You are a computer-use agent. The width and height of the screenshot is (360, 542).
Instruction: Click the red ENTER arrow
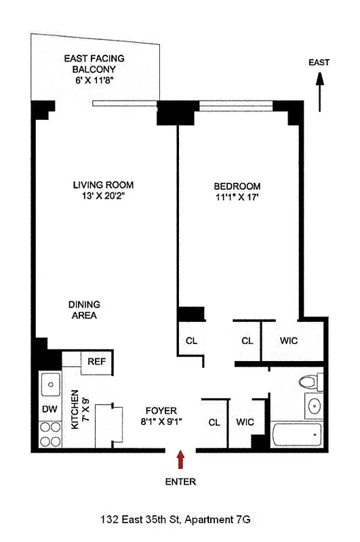pyautogui.click(x=180, y=461)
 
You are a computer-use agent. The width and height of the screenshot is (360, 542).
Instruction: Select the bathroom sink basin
pyautogui.click(x=314, y=406)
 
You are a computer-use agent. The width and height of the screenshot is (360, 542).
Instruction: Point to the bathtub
pyautogui.click(x=295, y=435)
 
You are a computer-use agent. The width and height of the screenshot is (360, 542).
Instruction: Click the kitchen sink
pyautogui.click(x=49, y=387)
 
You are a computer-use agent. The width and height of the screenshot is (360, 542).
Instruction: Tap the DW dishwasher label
pyautogui.click(x=48, y=409)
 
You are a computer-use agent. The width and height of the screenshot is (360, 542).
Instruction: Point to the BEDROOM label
pyautogui.click(x=237, y=186)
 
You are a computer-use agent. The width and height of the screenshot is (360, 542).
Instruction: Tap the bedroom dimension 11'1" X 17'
pyautogui.click(x=237, y=199)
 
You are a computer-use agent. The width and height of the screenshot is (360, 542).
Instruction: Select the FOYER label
pyautogui.click(x=161, y=411)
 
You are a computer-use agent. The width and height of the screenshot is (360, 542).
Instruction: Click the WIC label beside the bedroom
pyautogui.click(x=289, y=340)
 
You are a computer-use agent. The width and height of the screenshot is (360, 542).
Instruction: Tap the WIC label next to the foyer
pyautogui.click(x=245, y=422)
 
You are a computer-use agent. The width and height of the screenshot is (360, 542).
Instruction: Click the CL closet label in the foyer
pyautogui.click(x=214, y=422)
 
